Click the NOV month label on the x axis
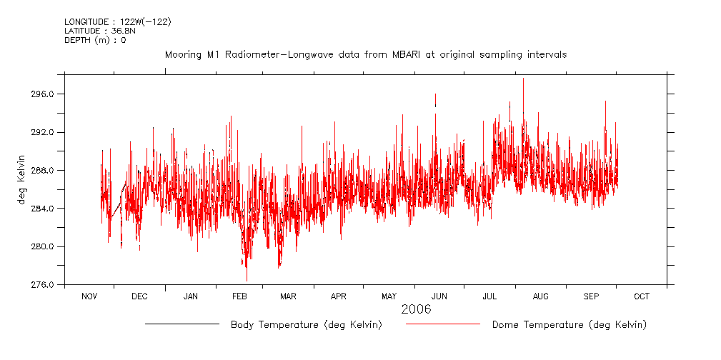89,296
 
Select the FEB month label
239,296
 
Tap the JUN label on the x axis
439,296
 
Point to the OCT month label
641,296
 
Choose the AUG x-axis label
541,296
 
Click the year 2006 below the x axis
416,310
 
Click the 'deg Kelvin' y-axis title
22,179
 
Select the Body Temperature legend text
306,325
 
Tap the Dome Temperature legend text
569,325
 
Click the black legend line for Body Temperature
182,324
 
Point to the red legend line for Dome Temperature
442,324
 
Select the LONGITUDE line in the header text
117,22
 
